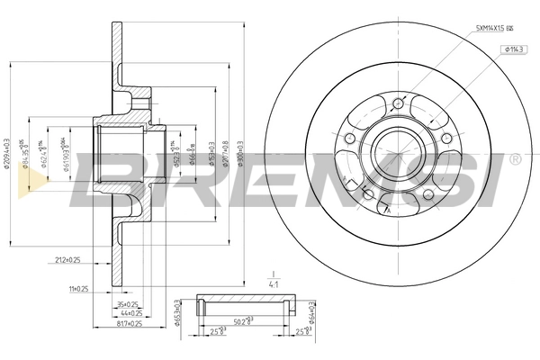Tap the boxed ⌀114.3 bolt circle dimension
tap(516, 49)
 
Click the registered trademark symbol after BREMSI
tap(515, 159)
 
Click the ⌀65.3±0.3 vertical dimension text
tap(176, 313)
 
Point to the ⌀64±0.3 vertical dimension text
tap(310, 313)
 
